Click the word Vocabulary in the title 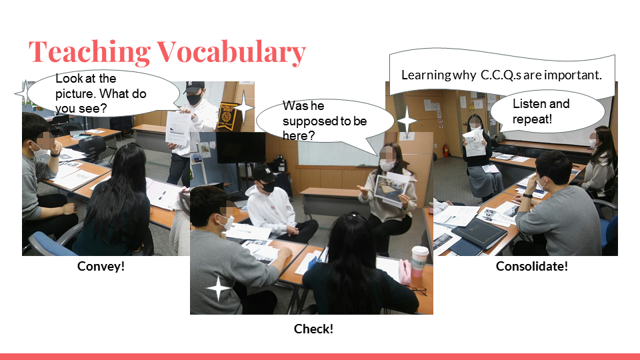(x=231, y=52)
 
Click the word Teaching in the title (x=89, y=52)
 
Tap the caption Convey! (x=101, y=267)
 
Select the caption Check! (x=313, y=329)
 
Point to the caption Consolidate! (x=532, y=267)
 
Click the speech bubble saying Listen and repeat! (x=547, y=111)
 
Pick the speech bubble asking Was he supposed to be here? (x=325, y=121)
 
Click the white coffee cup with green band (x=419, y=261)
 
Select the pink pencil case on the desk (x=405, y=272)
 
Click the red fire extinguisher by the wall (x=446, y=151)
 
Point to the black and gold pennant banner (x=227, y=116)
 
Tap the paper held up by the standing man (x=178, y=128)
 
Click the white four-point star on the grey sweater (x=219, y=288)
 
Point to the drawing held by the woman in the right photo (x=474, y=143)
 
